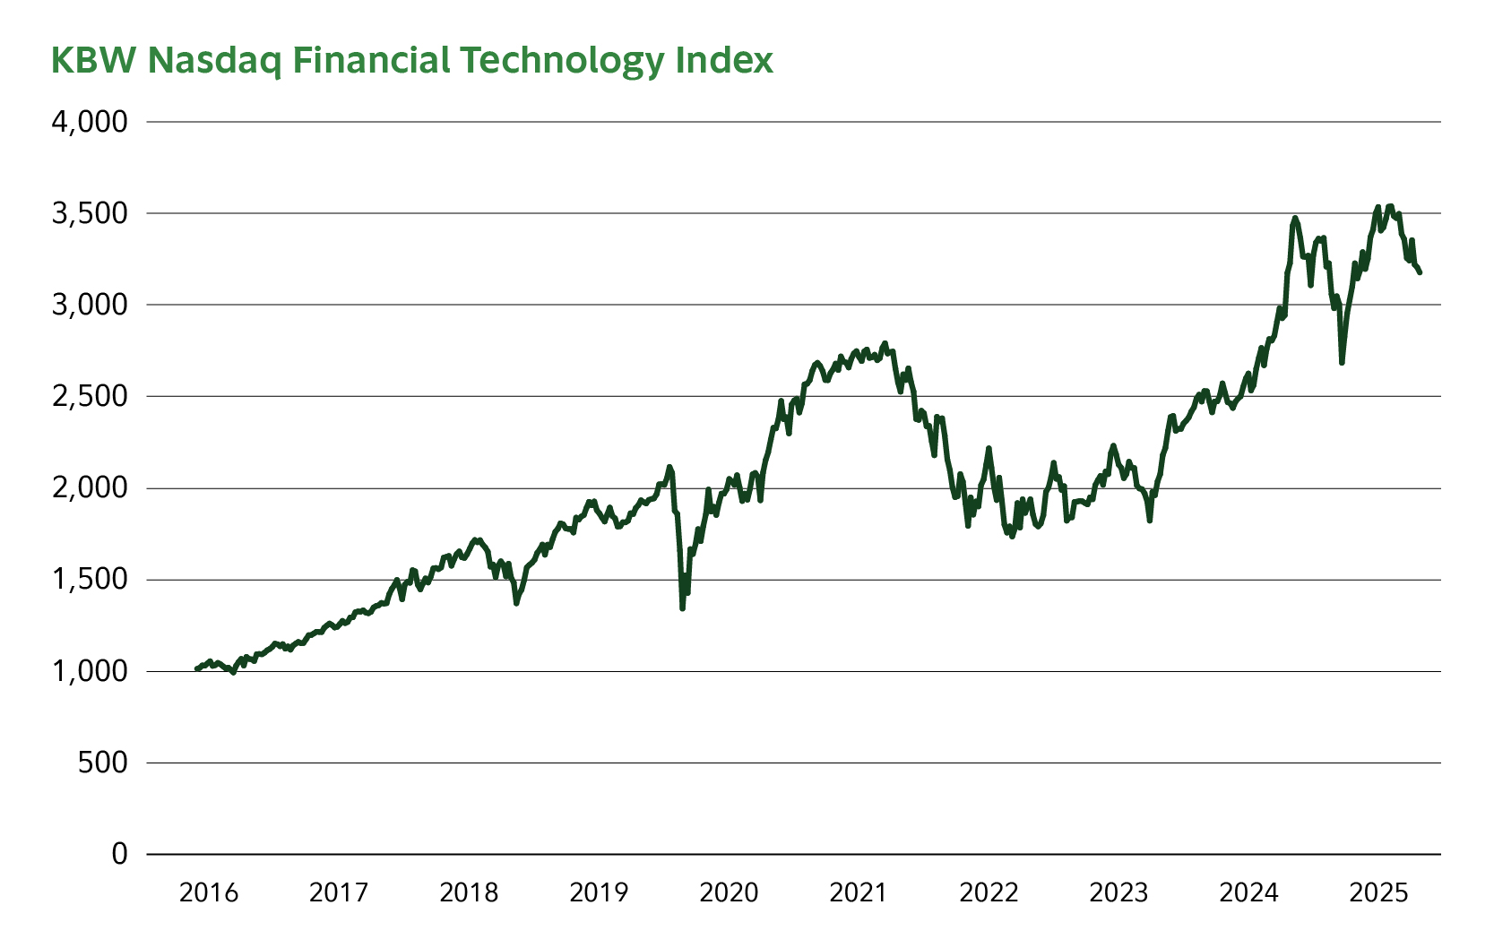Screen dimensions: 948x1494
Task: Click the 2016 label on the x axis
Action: pos(209,892)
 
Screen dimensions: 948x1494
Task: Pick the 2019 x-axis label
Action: pos(599,892)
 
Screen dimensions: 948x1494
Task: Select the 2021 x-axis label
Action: pos(859,892)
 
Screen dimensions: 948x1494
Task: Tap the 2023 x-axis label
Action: pos(1118,892)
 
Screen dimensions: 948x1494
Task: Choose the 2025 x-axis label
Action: pos(1378,892)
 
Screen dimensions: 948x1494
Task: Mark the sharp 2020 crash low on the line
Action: pos(682,608)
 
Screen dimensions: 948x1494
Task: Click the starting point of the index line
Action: pos(196,668)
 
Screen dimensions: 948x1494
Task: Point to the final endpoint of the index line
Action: pos(1420,272)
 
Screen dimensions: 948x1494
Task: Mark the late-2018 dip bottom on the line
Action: pos(516,603)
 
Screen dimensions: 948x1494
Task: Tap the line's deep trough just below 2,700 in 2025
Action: pos(1342,362)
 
